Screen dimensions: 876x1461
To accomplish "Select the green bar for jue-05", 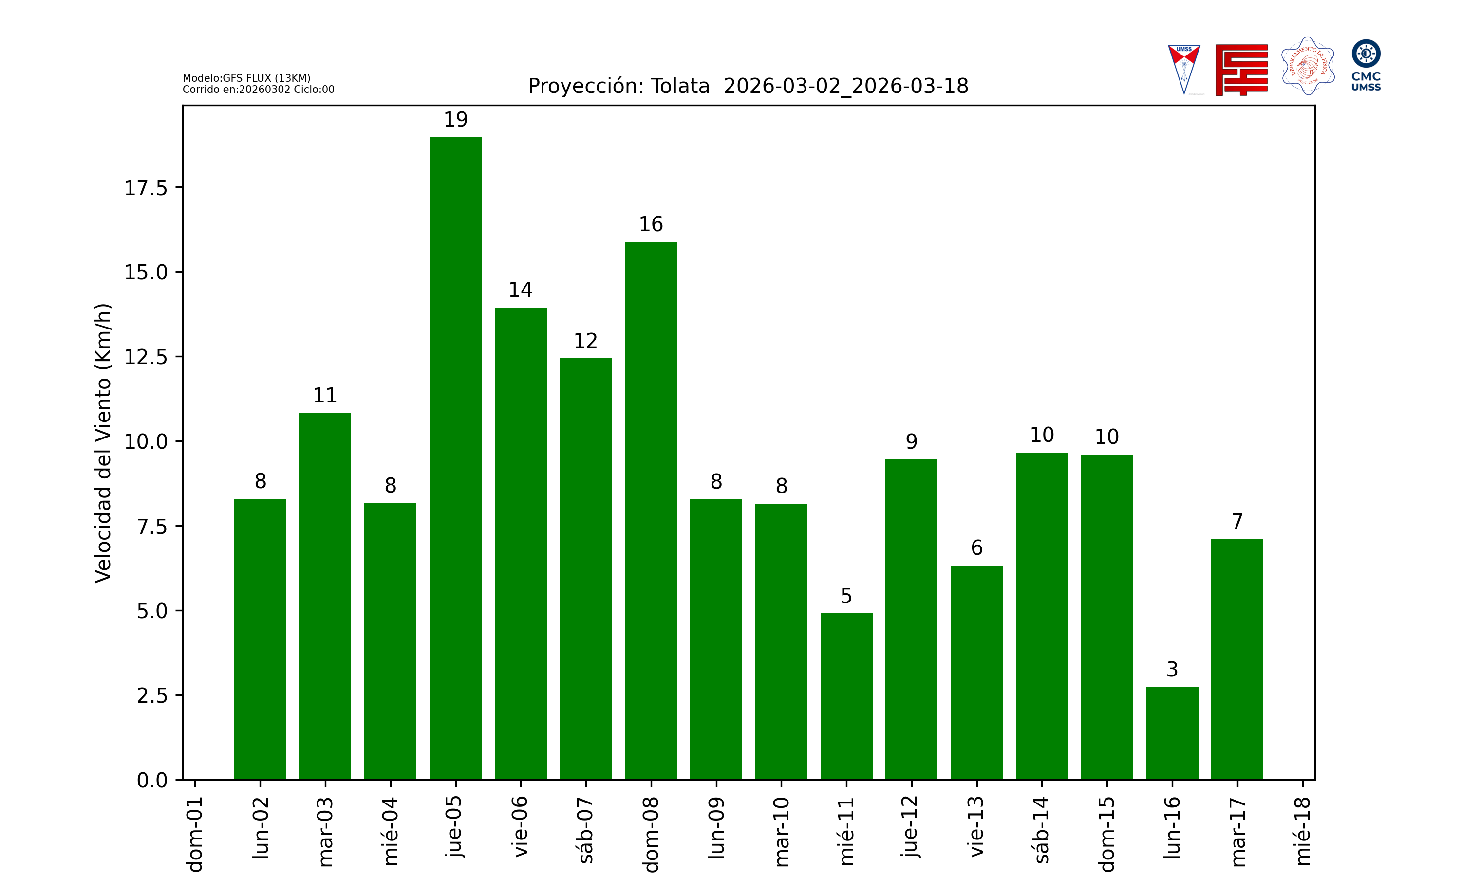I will click(x=455, y=458).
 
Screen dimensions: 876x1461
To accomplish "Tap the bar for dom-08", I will click(x=651, y=511).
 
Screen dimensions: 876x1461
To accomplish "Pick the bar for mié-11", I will click(x=846, y=696).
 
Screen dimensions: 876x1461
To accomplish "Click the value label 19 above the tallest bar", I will click(x=455, y=120).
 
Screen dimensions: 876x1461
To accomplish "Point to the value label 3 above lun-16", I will click(x=1172, y=669).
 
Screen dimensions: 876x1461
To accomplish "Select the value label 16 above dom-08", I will click(x=651, y=224).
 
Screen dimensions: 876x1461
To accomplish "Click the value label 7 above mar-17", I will click(x=1237, y=521).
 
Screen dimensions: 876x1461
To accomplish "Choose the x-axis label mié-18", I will click(x=1302, y=831).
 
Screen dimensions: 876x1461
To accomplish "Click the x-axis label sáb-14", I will click(x=1042, y=830).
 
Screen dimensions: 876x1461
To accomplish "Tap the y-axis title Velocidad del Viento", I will click(x=103, y=443).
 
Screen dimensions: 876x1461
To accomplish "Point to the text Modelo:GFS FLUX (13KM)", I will click(x=246, y=78).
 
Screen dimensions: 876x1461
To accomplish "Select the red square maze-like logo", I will click(x=1241, y=70).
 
